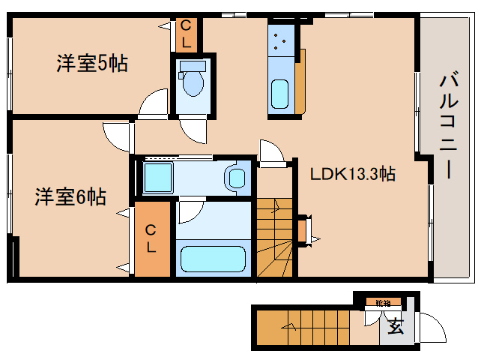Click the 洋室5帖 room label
click(91, 64)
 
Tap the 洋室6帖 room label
click(70, 197)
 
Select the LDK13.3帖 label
click(353, 175)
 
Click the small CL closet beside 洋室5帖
click(186, 34)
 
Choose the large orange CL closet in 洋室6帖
click(152, 239)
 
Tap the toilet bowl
click(193, 82)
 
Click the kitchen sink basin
click(281, 93)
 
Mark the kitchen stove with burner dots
click(282, 42)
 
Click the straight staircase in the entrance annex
click(300, 327)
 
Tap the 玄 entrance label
click(395, 326)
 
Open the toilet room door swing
click(192, 130)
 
